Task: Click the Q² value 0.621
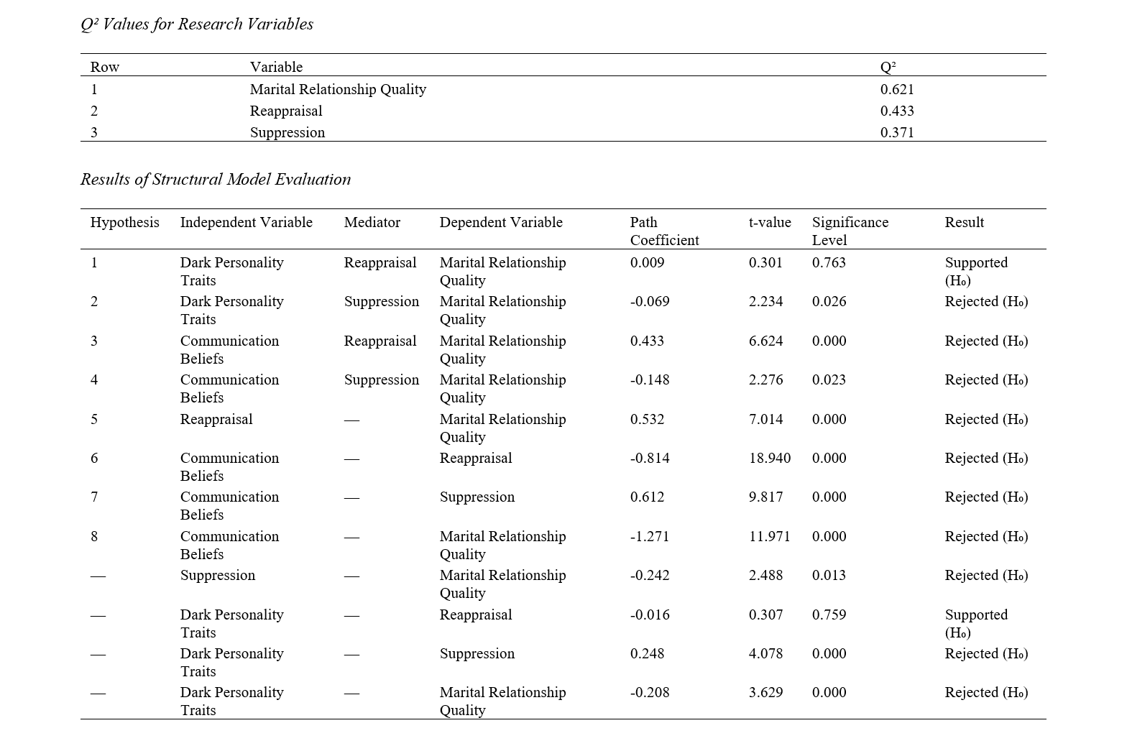click(897, 89)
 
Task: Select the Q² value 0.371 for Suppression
click(897, 132)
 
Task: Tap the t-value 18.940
click(769, 458)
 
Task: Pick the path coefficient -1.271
click(650, 536)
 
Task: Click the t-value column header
click(769, 222)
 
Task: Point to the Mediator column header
click(372, 222)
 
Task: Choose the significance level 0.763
click(829, 262)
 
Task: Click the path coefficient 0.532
click(647, 419)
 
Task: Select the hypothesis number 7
click(94, 497)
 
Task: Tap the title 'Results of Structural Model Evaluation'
click(216, 179)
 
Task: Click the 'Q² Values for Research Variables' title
click(197, 24)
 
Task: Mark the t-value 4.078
click(765, 653)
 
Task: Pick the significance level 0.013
click(829, 575)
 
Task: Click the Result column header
click(964, 222)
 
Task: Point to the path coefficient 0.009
click(647, 262)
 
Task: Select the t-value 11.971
click(769, 536)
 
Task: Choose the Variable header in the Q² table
click(276, 67)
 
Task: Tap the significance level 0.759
click(829, 615)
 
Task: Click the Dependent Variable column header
click(501, 222)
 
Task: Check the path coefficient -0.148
click(650, 379)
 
